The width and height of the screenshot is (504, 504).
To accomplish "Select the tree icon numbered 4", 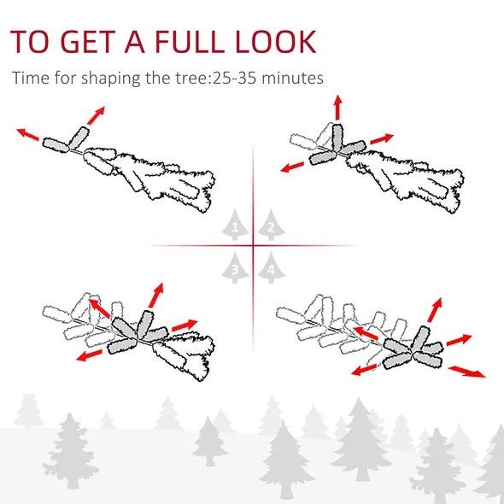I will (x=271, y=267).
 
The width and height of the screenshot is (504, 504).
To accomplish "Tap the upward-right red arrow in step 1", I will (x=97, y=115).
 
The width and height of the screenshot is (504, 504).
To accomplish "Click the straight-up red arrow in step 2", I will (x=337, y=108).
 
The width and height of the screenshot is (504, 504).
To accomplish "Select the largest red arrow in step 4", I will (x=467, y=371).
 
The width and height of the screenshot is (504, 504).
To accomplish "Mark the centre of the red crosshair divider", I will (x=253, y=246).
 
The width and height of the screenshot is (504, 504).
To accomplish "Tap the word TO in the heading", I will (x=29, y=42).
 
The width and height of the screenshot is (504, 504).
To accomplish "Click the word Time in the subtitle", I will (x=29, y=79).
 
